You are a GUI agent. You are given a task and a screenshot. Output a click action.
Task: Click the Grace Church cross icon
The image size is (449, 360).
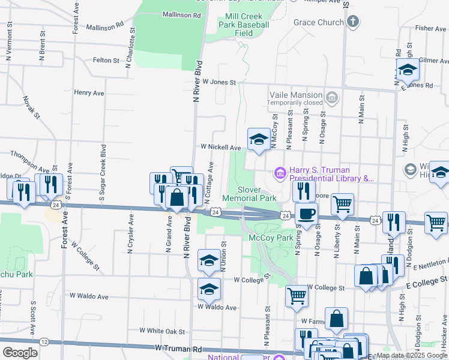click(354, 23)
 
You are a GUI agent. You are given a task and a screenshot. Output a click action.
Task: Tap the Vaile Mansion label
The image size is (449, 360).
click(298, 95)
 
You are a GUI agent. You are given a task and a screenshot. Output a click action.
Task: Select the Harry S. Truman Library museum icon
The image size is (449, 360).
click(279, 173)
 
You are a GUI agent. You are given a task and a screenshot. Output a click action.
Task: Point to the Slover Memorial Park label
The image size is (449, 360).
click(249, 193)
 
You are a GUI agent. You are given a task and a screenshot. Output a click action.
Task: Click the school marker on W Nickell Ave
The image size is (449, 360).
click(259, 140)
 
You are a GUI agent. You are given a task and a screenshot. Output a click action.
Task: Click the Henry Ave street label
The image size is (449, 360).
click(89, 93)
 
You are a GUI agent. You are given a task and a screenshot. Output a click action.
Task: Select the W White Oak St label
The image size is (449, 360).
click(162, 331)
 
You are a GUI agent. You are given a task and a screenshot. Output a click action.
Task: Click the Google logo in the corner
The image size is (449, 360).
click(20, 353)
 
